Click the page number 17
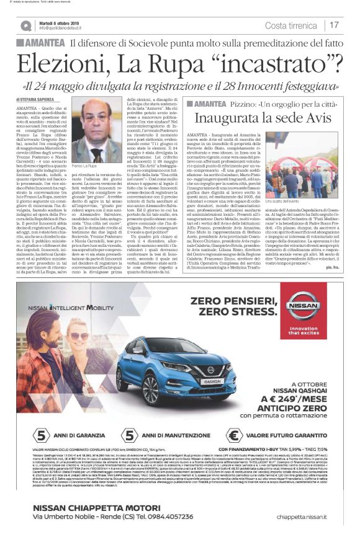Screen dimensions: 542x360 coord(335,25)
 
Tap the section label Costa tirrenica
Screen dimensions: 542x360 coord(294,25)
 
